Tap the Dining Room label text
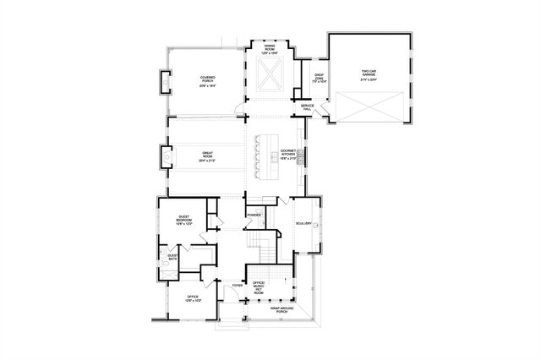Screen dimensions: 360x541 point(270,49)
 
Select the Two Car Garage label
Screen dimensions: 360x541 point(369,74)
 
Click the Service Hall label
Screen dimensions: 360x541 point(308,106)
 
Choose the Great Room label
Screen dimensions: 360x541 point(208,157)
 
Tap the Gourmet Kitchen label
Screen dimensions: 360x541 point(287,155)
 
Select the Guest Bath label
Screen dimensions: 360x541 point(172,257)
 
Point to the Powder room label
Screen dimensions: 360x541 point(253,215)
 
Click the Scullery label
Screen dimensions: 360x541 point(304,224)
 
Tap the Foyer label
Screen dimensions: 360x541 point(238,286)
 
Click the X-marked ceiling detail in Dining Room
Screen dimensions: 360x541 point(271,76)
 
